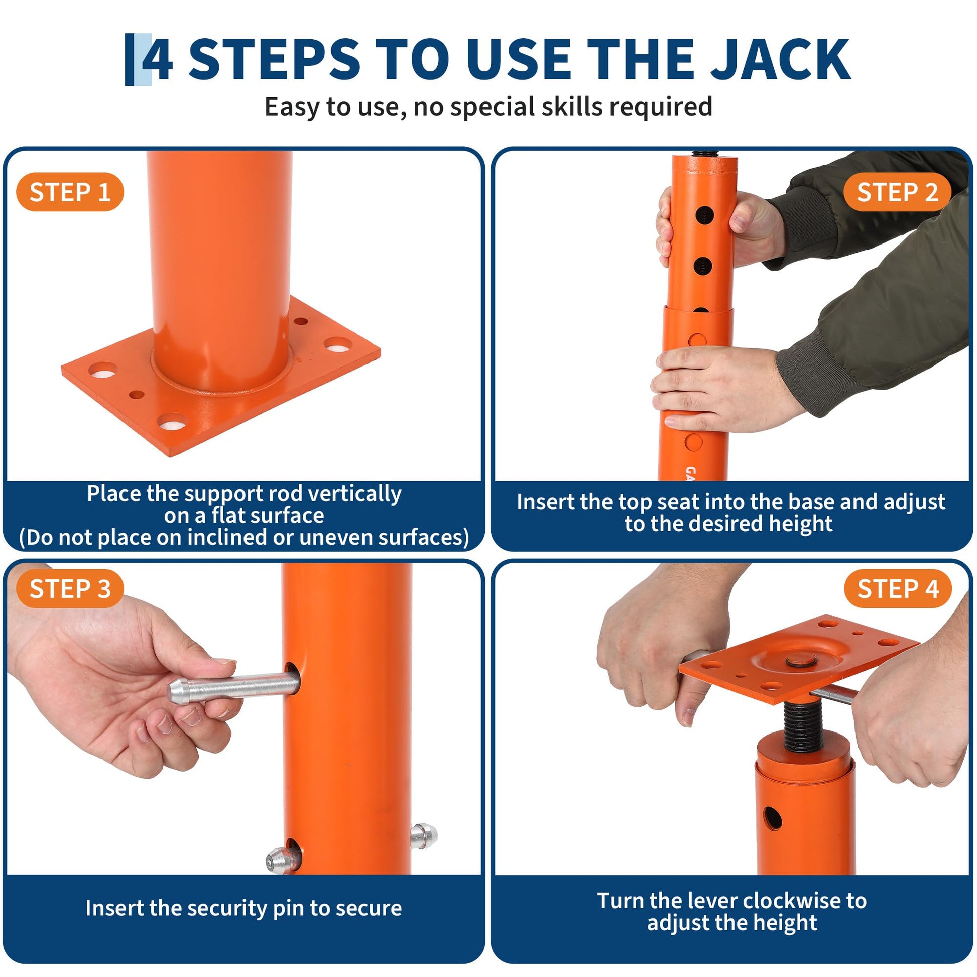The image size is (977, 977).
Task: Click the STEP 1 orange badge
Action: click(70, 192)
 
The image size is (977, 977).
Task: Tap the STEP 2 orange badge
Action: click(897, 192)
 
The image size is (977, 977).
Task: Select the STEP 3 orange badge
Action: click(70, 589)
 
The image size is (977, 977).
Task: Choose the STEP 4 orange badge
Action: click(898, 589)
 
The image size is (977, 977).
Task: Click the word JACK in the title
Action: click(782, 60)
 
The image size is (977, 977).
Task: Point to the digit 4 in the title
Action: click(157, 60)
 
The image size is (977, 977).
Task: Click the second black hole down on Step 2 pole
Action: click(703, 266)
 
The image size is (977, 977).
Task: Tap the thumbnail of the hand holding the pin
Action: click(224, 662)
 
